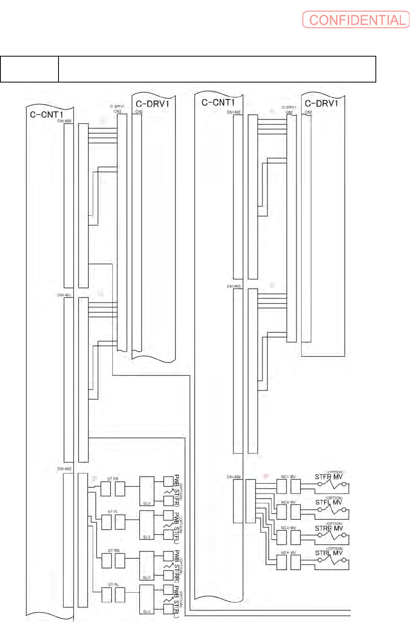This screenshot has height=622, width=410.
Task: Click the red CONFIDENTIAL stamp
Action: point(356,20)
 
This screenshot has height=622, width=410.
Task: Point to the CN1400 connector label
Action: point(64,121)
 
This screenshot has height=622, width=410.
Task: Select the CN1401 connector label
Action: point(64,295)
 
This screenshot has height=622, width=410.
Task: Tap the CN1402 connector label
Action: point(234,112)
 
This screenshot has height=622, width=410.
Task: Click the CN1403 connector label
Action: point(234,286)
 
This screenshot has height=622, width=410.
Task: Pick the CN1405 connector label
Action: point(64,469)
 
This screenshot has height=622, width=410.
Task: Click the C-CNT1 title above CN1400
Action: point(46,114)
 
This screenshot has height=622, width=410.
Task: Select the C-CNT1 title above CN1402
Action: point(218,103)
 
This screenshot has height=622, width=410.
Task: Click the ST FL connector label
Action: point(113,512)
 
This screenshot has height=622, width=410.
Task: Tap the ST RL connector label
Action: point(113,585)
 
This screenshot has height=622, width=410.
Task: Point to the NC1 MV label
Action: point(288,477)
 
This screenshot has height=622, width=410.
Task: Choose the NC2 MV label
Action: point(288,502)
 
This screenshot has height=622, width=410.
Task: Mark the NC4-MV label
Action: point(288,552)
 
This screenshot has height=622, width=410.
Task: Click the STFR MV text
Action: point(329,477)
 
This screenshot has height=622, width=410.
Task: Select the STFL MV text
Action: point(329,502)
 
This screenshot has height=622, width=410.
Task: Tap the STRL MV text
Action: point(329,553)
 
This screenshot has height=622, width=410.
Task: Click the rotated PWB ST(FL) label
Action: point(177,528)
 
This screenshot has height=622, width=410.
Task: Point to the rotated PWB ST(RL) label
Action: point(177,602)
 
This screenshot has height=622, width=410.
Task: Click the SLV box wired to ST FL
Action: point(147,525)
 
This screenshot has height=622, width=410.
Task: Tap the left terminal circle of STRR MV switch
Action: point(320,535)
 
